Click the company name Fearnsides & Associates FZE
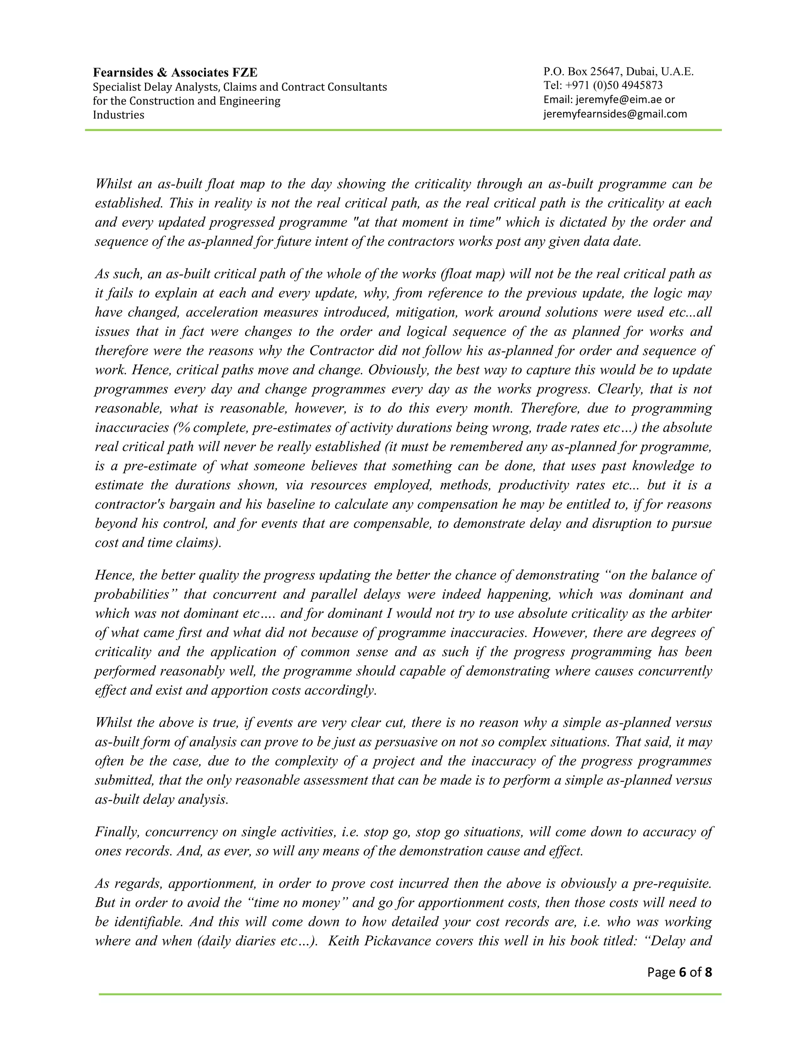point(175,72)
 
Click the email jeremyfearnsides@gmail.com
point(615,114)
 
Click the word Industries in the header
point(118,115)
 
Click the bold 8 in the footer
point(708,972)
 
